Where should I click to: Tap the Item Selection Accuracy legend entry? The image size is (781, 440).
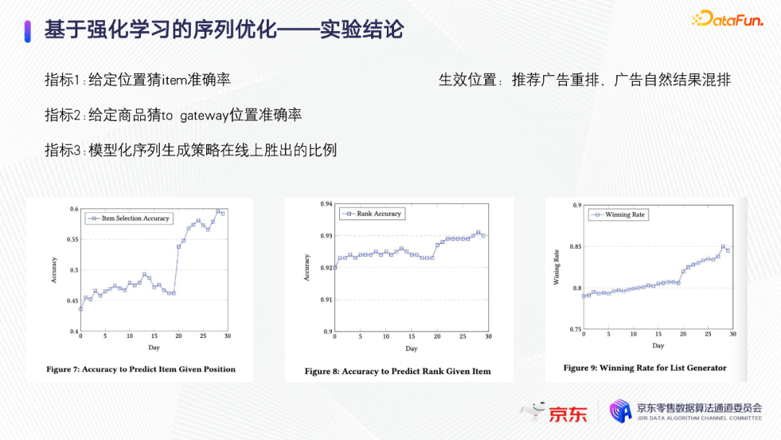(x=129, y=219)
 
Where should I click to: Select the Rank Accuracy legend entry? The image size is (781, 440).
(x=372, y=213)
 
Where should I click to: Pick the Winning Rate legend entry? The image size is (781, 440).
(x=618, y=215)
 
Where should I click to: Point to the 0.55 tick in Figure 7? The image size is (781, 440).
(x=73, y=240)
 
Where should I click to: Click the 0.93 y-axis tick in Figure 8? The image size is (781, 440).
(x=326, y=236)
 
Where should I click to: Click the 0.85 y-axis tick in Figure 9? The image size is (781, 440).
(x=576, y=247)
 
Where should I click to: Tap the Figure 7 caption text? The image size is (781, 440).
(x=141, y=369)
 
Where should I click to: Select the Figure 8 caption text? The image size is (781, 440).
(x=398, y=371)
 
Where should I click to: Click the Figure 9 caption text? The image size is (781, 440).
(x=644, y=368)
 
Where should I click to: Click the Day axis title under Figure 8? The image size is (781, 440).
(x=411, y=348)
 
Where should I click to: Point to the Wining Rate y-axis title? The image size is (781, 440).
(x=556, y=267)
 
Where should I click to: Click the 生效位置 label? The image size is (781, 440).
(x=467, y=80)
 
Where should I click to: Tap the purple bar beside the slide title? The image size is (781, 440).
(x=27, y=31)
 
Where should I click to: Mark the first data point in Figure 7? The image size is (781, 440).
(x=81, y=310)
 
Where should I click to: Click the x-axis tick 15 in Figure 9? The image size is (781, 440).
(x=659, y=334)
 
